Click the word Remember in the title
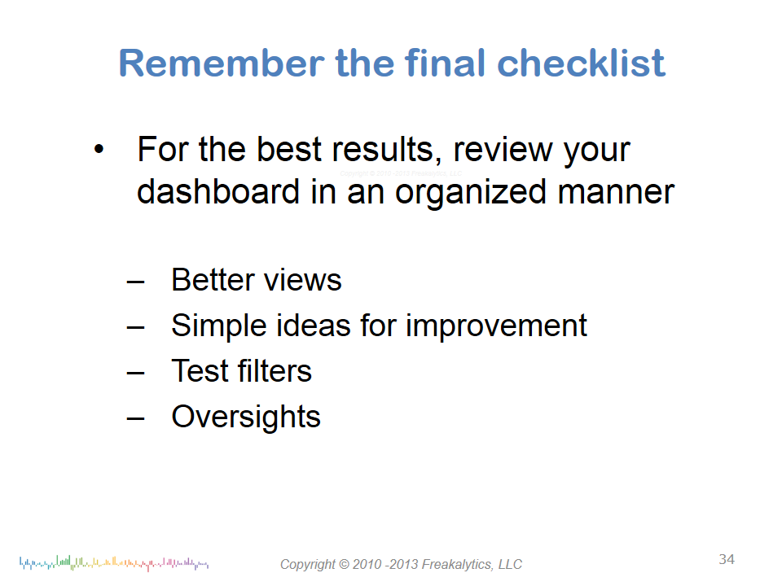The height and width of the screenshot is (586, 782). pyautogui.click(x=222, y=63)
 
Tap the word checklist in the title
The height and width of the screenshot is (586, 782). pyautogui.click(x=581, y=63)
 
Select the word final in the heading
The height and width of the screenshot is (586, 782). pyautogui.click(x=445, y=63)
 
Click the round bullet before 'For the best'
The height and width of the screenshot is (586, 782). pyautogui.click(x=99, y=148)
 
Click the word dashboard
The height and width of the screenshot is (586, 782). pyautogui.click(x=218, y=192)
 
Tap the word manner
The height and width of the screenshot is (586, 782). pyautogui.click(x=616, y=192)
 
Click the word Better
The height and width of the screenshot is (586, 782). pyautogui.click(x=213, y=279)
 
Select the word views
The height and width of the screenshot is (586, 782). pyautogui.click(x=303, y=281)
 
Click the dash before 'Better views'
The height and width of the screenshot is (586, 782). pyautogui.click(x=135, y=282)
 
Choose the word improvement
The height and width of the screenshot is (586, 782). pyautogui.click(x=496, y=326)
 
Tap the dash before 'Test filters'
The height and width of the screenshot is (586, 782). pyautogui.click(x=135, y=374)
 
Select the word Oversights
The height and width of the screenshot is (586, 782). pyautogui.click(x=246, y=418)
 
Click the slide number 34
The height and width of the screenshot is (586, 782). pyautogui.click(x=727, y=559)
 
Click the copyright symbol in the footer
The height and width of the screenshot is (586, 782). pyautogui.click(x=344, y=564)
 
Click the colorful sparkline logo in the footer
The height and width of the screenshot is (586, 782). pyautogui.click(x=114, y=563)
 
